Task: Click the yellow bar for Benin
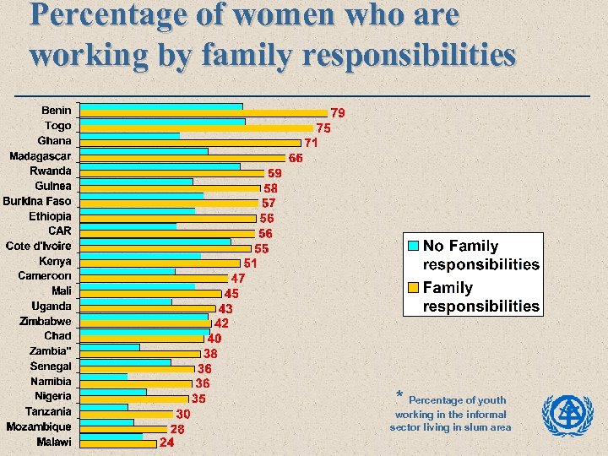pos(204,112)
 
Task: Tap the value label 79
pos(337,113)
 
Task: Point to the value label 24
pos(167,442)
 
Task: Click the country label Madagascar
pos(41,156)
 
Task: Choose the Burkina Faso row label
pos(37,201)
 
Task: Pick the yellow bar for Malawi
pos(118,443)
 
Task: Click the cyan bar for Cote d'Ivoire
pos(155,242)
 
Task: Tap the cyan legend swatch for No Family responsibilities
pos(413,246)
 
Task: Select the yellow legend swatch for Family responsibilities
pos(413,287)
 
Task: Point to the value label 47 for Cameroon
pos(238,279)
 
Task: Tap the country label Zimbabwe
pos(46,321)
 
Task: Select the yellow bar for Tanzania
pos(126,414)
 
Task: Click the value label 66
pos(296,158)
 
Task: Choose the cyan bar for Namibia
pos(104,377)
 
